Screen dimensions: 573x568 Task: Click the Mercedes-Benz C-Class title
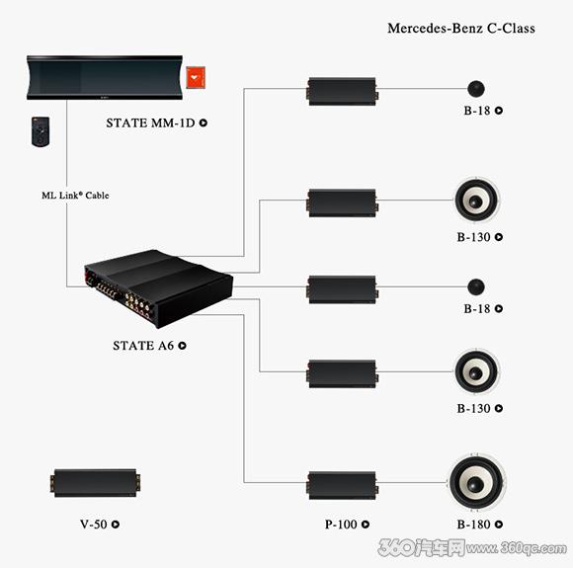click(x=461, y=28)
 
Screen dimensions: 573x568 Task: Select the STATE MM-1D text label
click(x=150, y=123)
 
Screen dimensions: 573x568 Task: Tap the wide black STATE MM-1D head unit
click(x=105, y=77)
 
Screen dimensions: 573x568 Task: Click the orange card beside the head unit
click(x=196, y=77)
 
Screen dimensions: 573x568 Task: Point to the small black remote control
click(x=41, y=131)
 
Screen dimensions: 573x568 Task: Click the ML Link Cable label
click(x=75, y=196)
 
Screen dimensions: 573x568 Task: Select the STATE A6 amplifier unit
click(x=158, y=288)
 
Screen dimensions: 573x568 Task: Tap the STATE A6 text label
click(x=143, y=346)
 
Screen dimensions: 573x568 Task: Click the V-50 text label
click(x=94, y=525)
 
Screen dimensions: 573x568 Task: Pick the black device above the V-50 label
click(x=95, y=483)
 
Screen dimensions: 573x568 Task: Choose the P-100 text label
click(x=341, y=525)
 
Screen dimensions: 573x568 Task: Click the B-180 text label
click(x=473, y=525)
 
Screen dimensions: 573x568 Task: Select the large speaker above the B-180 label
click(x=476, y=482)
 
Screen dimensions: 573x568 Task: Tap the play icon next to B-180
click(x=499, y=525)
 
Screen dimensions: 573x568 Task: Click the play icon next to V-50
click(x=116, y=525)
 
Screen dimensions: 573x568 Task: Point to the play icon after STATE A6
click(x=182, y=346)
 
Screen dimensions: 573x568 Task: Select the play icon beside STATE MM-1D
click(x=204, y=123)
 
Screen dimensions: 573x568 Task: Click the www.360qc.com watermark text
click(x=517, y=548)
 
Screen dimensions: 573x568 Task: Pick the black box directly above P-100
click(x=342, y=485)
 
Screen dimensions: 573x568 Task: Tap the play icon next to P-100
click(x=366, y=525)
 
